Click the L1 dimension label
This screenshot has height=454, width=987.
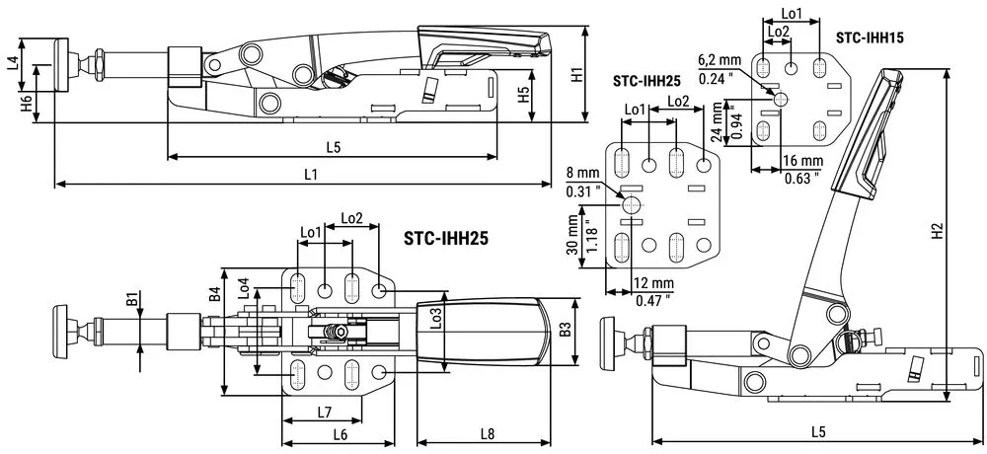click(x=310, y=175)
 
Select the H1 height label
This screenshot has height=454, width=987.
click(x=577, y=75)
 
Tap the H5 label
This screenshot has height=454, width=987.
click(x=523, y=95)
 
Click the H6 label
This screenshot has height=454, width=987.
click(x=26, y=104)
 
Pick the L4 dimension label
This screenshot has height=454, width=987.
click(x=12, y=63)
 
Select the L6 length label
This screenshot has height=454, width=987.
click(x=341, y=433)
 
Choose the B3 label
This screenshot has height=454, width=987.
click(x=565, y=330)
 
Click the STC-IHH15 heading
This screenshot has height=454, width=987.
click(x=870, y=38)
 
